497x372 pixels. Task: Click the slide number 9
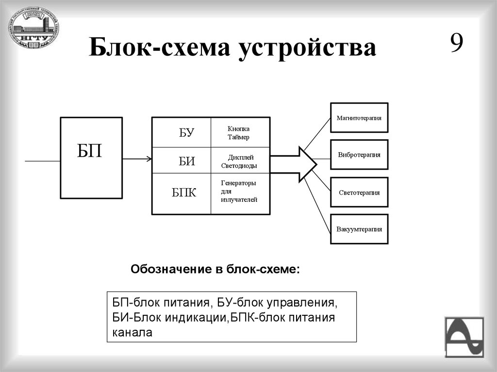click(456, 44)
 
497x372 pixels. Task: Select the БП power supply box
click(91, 158)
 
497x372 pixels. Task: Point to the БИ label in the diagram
click(186, 162)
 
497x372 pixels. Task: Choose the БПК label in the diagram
click(184, 193)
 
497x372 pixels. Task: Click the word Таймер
click(238, 138)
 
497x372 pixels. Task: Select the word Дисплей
click(241, 158)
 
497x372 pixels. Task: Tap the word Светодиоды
click(239, 166)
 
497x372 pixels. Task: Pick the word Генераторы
click(238, 183)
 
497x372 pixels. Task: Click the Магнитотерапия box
click(359, 118)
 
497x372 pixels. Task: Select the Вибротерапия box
click(359, 155)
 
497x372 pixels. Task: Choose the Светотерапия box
click(359, 192)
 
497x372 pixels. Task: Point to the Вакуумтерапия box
click(359, 229)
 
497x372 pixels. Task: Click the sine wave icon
click(464, 337)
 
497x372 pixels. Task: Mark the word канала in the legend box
click(133, 333)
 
